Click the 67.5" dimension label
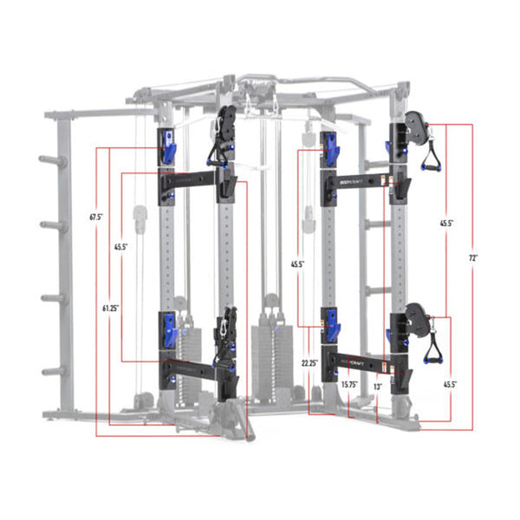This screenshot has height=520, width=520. (96, 216)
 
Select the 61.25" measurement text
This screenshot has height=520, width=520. (109, 306)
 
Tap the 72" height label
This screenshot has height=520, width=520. (473, 258)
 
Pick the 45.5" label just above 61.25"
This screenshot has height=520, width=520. (120, 247)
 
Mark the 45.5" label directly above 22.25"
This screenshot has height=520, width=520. (297, 264)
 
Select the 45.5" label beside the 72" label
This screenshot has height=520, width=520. (445, 223)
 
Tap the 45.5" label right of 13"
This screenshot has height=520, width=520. (449, 384)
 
